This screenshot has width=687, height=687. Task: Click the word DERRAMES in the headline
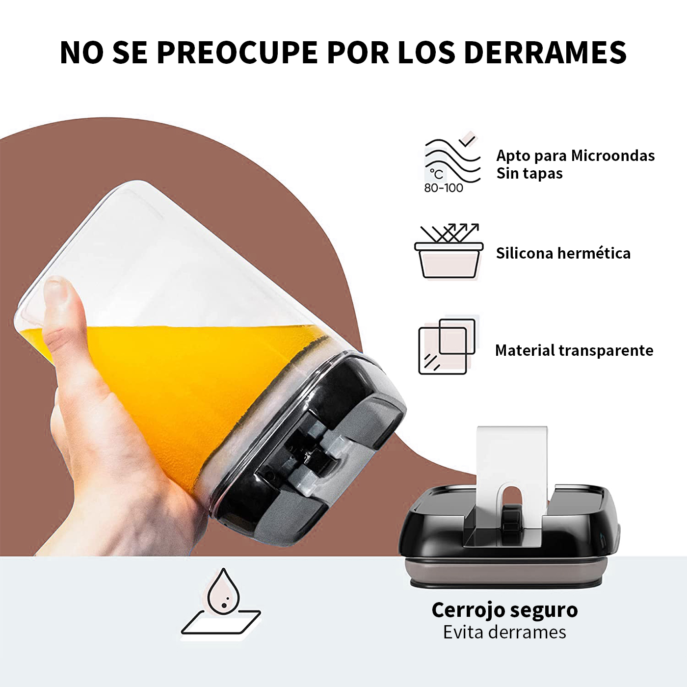click(x=545, y=53)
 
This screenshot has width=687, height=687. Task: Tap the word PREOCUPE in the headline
click(x=237, y=53)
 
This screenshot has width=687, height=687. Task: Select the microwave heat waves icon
click(x=452, y=162)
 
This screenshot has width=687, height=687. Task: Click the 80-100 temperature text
click(x=444, y=188)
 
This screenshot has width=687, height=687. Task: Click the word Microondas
click(x=613, y=156)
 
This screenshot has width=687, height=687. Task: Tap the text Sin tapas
click(x=529, y=174)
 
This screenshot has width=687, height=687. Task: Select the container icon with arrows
click(x=449, y=251)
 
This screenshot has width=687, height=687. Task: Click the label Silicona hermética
click(x=563, y=253)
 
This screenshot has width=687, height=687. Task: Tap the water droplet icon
click(x=223, y=591)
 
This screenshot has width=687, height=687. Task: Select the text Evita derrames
click(x=504, y=632)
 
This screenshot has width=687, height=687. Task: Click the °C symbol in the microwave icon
click(x=436, y=174)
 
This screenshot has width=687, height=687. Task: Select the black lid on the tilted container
click(x=307, y=449)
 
